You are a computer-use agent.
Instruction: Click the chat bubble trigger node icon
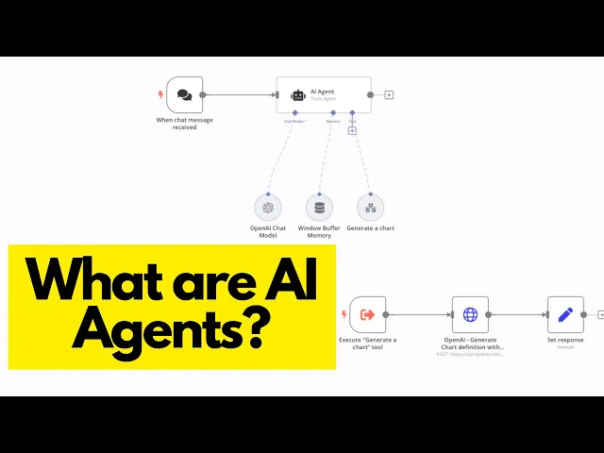(x=184, y=94)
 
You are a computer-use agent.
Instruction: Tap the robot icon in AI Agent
(x=298, y=94)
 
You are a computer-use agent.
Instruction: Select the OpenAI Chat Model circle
(x=268, y=208)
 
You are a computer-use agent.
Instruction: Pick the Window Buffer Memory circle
(x=319, y=208)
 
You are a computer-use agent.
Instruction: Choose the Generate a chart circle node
(x=370, y=208)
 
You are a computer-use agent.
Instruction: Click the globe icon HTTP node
(x=470, y=314)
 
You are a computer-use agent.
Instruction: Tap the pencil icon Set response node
(x=565, y=314)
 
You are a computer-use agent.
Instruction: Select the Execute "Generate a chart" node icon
(x=368, y=314)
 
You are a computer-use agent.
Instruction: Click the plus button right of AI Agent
(x=389, y=94)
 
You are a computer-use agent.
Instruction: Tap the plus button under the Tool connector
(x=352, y=130)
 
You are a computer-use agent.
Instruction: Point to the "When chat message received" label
(x=184, y=124)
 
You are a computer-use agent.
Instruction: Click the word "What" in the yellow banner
(x=90, y=280)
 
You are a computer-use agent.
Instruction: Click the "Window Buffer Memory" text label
(x=319, y=232)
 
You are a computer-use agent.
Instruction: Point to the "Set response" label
(x=565, y=340)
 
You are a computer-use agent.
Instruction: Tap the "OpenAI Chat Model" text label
(x=268, y=232)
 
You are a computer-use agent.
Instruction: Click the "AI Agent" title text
(x=323, y=92)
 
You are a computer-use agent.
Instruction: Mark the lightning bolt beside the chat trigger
(x=160, y=94)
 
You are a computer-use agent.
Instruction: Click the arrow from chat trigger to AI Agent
(x=241, y=94)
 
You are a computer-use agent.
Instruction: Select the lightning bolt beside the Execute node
(x=344, y=314)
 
